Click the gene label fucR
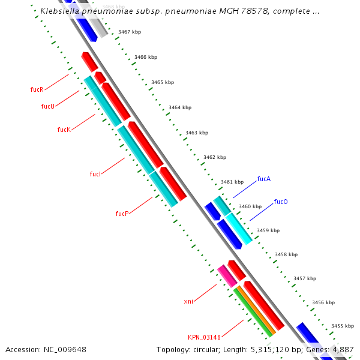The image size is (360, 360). [x=37, y=89]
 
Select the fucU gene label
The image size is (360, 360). [x=47, y=106]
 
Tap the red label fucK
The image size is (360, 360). [x=64, y=130]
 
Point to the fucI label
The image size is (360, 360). [x=95, y=174]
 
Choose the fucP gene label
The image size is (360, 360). [x=122, y=214]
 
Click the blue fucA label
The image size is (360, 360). [x=263, y=179]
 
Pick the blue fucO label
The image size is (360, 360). [x=281, y=202]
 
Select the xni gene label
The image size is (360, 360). [x=188, y=301]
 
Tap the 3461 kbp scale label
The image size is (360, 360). [x=232, y=182]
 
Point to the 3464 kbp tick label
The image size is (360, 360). [x=179, y=107]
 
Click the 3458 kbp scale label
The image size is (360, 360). [x=286, y=254]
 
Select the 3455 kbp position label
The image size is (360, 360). [x=342, y=326]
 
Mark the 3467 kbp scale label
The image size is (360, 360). [x=129, y=32]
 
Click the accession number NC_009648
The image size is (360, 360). [x=65, y=349]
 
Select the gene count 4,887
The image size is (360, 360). [x=343, y=349]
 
